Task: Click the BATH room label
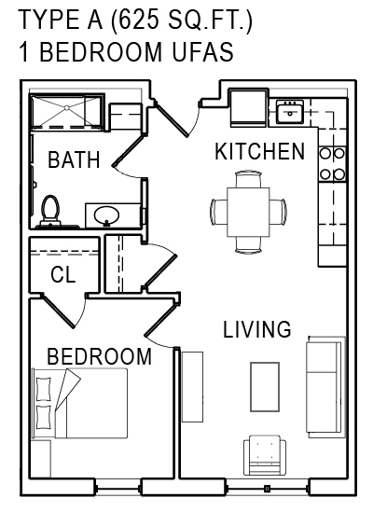point(74,159)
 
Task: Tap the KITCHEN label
point(259,151)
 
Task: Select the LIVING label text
point(257,329)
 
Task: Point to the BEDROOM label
point(99,356)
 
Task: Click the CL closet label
point(63,274)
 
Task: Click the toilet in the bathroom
point(50,211)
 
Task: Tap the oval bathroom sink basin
point(107,215)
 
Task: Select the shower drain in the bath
point(66,107)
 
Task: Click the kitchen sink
point(290,112)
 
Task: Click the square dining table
point(249,212)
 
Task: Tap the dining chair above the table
point(249,179)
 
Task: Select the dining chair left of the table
point(219,212)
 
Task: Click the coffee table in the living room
point(265,387)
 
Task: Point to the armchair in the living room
point(265,455)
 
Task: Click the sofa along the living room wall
point(325,387)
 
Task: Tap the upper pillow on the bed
point(44,389)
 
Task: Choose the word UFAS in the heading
point(203,51)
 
